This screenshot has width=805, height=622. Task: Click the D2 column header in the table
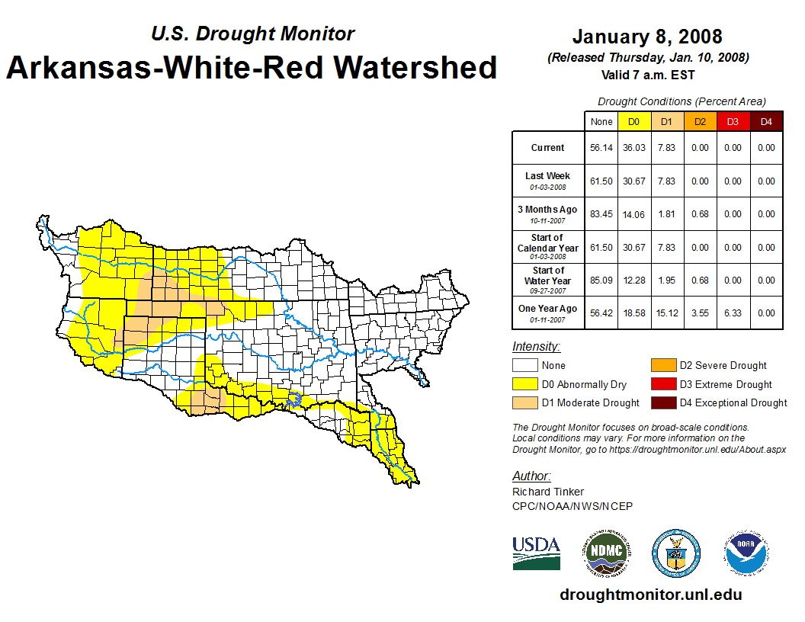click(x=699, y=121)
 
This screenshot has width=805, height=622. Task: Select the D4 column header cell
click(x=766, y=121)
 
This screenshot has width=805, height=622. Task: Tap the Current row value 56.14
click(x=601, y=148)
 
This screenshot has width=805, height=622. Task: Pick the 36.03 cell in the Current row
click(x=634, y=148)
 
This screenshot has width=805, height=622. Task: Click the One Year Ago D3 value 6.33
click(x=733, y=313)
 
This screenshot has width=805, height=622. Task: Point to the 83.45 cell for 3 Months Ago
click(x=601, y=214)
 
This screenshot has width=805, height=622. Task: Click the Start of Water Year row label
click(x=547, y=280)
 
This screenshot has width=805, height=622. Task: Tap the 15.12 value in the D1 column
click(x=667, y=313)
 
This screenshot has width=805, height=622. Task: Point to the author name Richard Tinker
click(x=548, y=492)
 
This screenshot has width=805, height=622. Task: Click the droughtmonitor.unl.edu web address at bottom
click(x=650, y=595)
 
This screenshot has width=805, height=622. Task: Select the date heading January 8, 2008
click(x=647, y=37)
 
